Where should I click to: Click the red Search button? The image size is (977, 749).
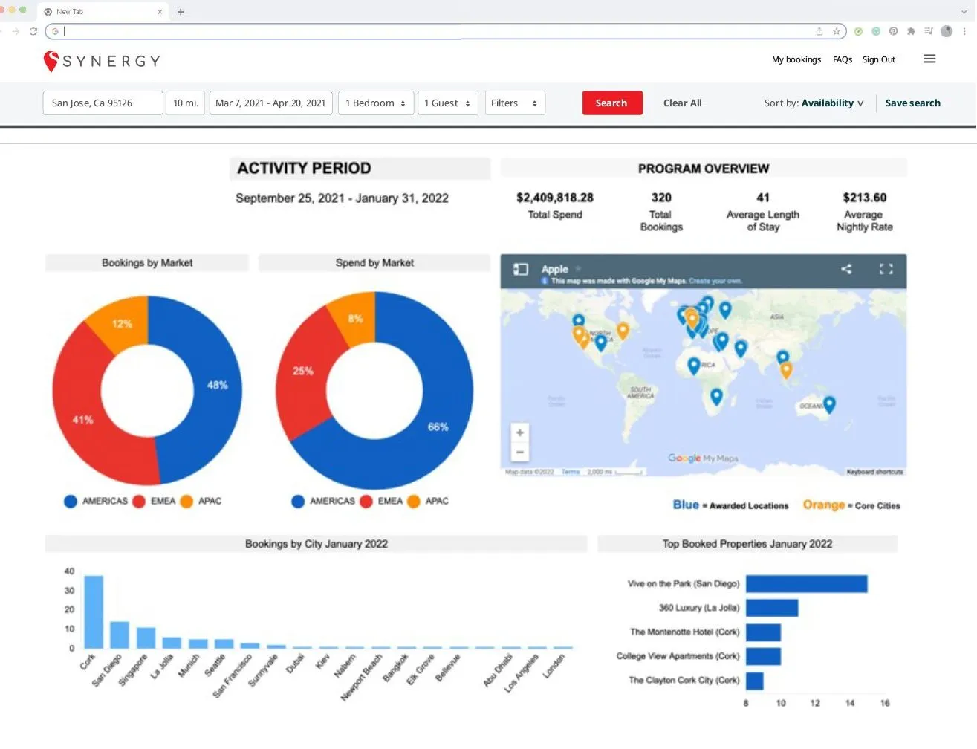click(611, 103)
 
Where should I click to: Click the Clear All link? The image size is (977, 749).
click(682, 103)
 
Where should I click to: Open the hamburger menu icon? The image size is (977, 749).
click(929, 59)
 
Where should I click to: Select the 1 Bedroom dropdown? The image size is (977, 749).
click(375, 103)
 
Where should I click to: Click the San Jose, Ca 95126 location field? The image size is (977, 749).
click(103, 103)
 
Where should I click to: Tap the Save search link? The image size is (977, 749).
click(912, 103)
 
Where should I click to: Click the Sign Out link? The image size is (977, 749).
click(878, 60)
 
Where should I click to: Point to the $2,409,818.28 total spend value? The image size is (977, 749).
click(555, 198)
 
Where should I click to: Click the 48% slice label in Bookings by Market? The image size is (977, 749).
click(217, 385)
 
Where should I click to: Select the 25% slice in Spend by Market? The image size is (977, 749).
click(302, 371)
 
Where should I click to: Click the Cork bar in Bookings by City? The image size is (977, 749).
click(94, 612)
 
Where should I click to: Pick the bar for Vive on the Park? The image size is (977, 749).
click(806, 584)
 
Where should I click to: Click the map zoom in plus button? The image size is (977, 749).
click(520, 432)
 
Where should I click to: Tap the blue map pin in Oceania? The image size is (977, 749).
click(829, 403)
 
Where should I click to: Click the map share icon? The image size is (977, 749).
click(846, 269)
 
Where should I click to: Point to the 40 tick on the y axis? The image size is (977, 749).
click(70, 571)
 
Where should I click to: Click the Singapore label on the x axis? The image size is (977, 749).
click(134, 669)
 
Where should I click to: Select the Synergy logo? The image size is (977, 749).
click(102, 61)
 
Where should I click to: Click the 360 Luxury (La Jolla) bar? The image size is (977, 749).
click(772, 608)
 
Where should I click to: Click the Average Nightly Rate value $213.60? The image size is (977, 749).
click(864, 198)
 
